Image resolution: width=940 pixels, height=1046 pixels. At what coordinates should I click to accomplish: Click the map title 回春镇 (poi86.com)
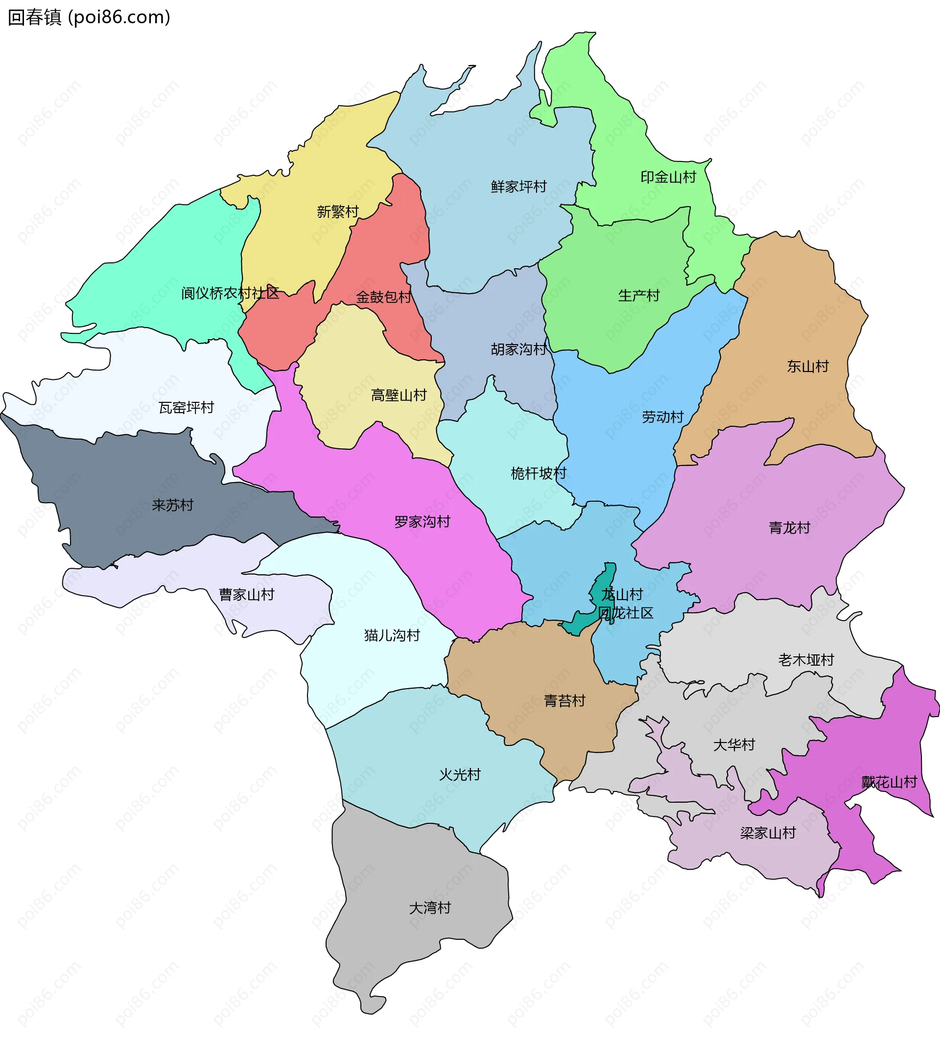(89, 18)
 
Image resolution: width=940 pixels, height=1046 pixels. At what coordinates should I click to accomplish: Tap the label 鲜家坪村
(518, 186)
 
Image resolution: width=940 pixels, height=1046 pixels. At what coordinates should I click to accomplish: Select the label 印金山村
(668, 177)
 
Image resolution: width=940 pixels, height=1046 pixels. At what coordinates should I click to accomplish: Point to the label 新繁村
(338, 211)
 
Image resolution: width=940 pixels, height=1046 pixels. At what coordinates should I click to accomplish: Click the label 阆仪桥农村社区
(230, 293)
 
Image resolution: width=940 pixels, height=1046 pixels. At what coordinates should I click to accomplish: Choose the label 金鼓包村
(384, 297)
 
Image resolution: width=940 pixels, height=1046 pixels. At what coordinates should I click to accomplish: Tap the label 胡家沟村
(518, 349)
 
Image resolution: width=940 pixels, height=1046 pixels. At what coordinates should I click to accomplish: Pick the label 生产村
(639, 296)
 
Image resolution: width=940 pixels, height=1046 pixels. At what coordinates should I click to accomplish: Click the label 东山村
(808, 367)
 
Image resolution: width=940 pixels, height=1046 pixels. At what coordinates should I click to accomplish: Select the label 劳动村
(662, 417)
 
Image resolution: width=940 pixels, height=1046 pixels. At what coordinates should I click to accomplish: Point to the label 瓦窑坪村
(187, 408)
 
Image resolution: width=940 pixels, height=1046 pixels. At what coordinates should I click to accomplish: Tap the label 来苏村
(172, 505)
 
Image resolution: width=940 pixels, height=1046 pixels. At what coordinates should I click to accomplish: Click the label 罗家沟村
(422, 522)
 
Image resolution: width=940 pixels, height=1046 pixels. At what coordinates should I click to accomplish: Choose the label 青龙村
(789, 528)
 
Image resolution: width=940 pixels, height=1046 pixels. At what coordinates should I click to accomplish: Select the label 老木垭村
(806, 660)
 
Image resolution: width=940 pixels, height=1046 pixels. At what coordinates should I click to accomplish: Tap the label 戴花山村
(889, 782)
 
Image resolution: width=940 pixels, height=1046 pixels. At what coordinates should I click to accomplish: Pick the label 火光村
(460, 774)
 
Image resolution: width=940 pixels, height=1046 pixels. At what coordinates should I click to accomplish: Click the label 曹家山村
(246, 595)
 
